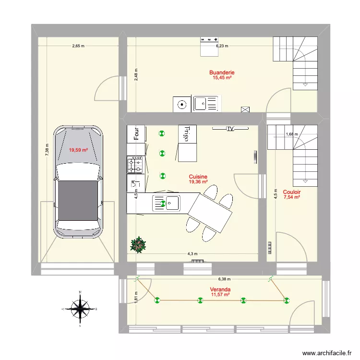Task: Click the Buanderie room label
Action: tap(222, 73)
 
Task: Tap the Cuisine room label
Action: tap(198, 177)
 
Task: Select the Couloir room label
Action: tap(291, 191)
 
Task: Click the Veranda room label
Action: tap(220, 289)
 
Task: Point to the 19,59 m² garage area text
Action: tap(78, 150)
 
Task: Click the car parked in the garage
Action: tap(78, 181)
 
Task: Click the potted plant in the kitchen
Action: tap(139, 245)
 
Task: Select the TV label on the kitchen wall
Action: tap(230, 129)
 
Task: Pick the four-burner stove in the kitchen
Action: tap(135, 165)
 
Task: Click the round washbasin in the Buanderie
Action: tap(182, 104)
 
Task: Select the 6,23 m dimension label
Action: tap(222, 47)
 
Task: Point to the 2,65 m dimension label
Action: tap(78, 47)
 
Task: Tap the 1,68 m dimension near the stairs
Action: tap(291, 134)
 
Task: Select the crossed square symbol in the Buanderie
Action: tap(246, 109)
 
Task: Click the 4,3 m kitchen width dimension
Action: tap(192, 254)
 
